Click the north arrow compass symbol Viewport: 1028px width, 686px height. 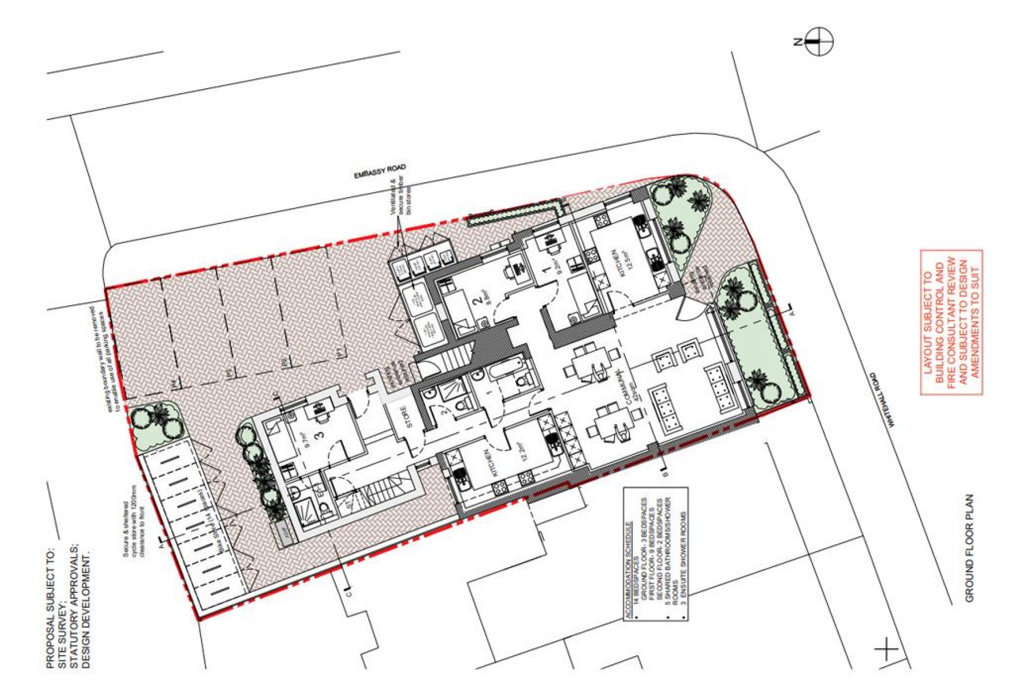tap(820, 42)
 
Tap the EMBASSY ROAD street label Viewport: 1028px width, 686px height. tap(380, 171)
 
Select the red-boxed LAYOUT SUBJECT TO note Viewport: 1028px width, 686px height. tap(951, 322)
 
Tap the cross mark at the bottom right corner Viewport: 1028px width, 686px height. tap(886, 649)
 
